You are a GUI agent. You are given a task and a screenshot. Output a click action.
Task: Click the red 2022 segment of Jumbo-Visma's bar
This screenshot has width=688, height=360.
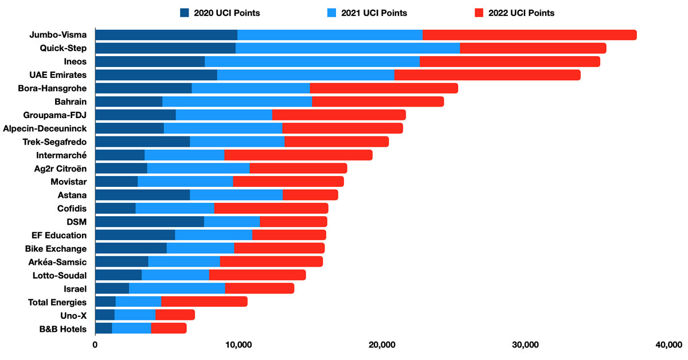[529, 35]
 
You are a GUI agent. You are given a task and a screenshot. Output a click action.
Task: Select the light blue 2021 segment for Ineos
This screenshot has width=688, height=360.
[312, 61]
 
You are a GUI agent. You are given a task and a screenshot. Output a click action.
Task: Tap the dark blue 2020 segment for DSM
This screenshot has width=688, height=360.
[149, 222]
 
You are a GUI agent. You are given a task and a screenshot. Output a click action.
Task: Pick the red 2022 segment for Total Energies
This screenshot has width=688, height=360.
[204, 302]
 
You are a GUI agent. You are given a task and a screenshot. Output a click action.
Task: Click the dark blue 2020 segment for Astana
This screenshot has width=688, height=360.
[142, 195]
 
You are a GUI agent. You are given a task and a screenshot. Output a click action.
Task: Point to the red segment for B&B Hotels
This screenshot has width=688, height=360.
[169, 328]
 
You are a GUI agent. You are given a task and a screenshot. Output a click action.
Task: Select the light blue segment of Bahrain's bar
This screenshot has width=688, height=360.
[237, 101]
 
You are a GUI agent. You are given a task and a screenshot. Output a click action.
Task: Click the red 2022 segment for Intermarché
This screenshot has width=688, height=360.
[298, 155]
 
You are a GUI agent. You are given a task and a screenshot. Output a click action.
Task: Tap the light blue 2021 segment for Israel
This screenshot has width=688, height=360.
[177, 288]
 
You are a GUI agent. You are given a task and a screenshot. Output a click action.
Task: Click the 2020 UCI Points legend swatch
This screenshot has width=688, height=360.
[185, 13]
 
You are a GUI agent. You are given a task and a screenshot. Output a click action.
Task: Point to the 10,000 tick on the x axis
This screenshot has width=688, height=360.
[238, 345]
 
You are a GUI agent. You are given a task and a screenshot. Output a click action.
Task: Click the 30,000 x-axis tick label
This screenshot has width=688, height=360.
[525, 345]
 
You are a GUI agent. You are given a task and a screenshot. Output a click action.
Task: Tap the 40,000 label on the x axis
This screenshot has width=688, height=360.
[667, 345]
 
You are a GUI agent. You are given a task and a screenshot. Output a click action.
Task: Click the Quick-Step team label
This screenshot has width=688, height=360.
[63, 48]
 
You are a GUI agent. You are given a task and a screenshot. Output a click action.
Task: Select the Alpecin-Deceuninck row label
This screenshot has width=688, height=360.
[45, 128]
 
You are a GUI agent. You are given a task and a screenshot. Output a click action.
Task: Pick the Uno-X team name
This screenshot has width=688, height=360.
[73, 315]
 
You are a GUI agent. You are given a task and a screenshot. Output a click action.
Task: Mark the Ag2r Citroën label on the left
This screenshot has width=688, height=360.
[60, 169]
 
